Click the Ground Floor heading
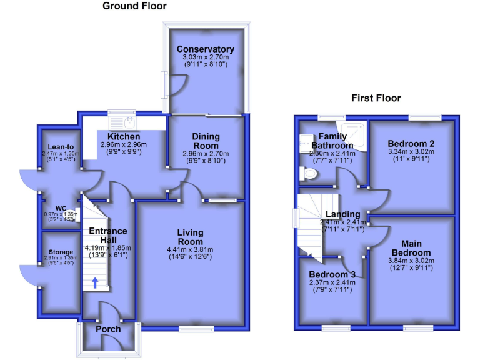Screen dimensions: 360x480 click(134, 6)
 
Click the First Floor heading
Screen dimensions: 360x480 click(376, 98)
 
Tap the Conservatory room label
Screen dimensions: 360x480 click(205, 49)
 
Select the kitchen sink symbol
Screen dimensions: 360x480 click(122, 121)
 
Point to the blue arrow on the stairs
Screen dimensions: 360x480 click(95, 282)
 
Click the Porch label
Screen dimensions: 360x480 click(109, 329)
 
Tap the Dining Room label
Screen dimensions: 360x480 click(205, 141)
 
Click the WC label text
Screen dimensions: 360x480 click(61, 208)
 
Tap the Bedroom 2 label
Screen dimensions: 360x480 click(411, 142)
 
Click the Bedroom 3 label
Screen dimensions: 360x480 click(332, 275)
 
